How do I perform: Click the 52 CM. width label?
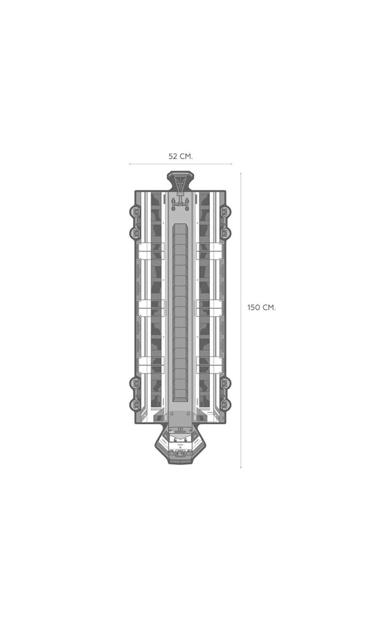[181, 157]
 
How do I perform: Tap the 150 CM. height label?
[261, 308]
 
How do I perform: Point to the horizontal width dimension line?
[181, 164]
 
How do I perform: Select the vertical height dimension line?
[240, 320]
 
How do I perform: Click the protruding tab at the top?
[181, 181]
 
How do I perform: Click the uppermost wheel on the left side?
[135, 211]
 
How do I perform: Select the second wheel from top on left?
[135, 233]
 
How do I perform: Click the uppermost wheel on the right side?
[226, 211]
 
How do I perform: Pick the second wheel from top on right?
[226, 233]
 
